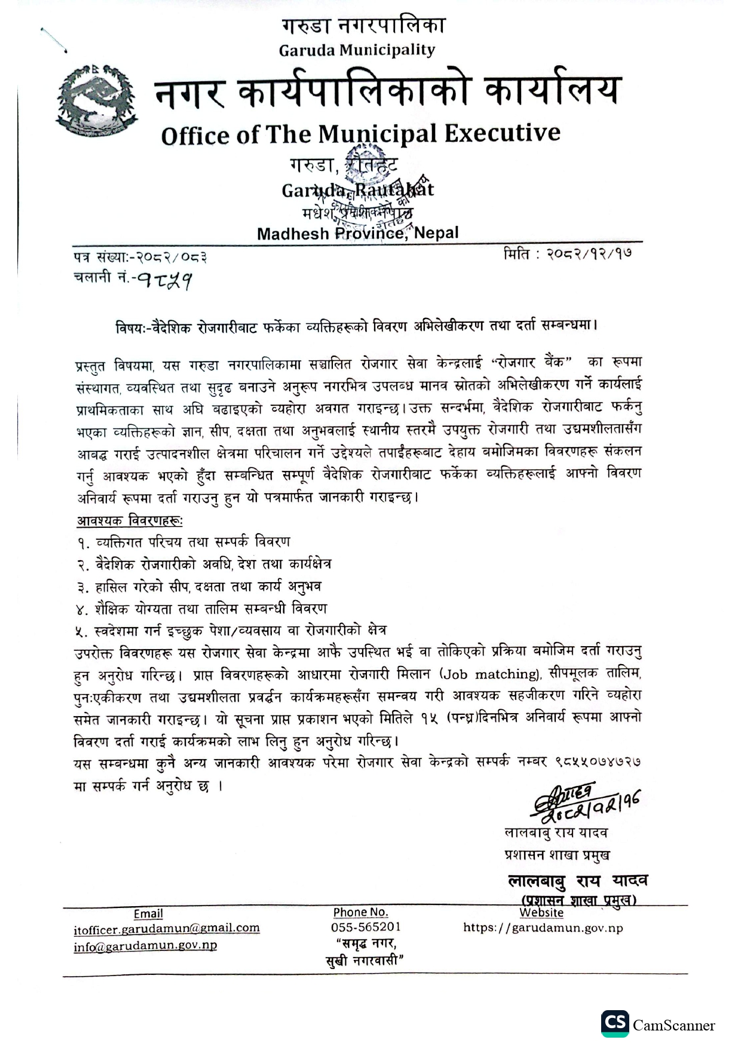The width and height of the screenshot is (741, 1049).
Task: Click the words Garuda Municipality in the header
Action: point(357,50)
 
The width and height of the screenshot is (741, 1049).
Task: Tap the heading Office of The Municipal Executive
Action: point(360,134)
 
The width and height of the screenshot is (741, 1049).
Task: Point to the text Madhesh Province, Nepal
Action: point(357,233)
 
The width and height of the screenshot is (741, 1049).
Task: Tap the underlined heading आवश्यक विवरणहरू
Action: point(130,521)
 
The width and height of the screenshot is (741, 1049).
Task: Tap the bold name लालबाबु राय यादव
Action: point(577,880)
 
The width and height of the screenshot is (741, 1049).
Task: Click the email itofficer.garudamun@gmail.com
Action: point(167,928)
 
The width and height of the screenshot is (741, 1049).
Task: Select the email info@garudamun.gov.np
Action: point(145,946)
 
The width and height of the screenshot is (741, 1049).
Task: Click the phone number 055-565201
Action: point(366,927)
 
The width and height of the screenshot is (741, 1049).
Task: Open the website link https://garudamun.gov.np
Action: point(543,928)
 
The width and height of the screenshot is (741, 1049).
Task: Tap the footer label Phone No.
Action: point(360,912)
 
